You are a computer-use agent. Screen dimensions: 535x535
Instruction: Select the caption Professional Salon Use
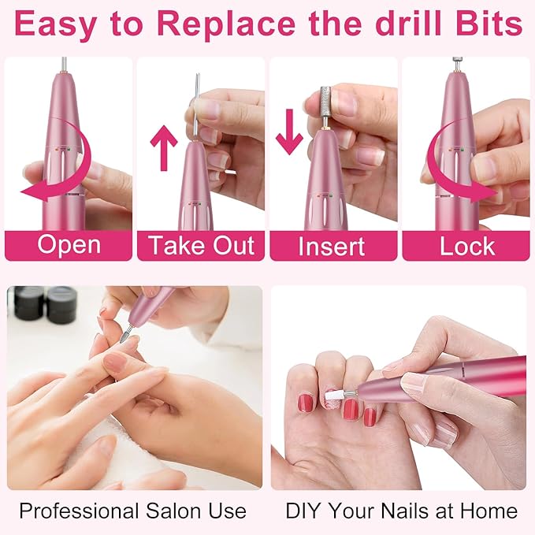point(132,511)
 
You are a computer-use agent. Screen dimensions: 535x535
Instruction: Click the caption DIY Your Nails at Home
point(401,511)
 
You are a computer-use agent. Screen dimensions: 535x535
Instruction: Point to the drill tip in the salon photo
point(123,336)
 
